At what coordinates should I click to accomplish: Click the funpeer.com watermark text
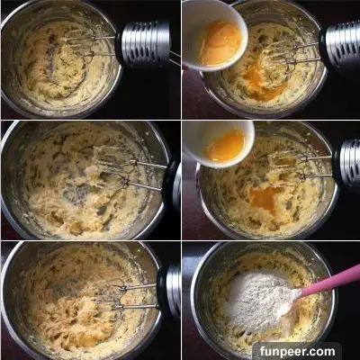(297, 351)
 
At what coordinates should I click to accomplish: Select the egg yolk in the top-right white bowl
(221, 43)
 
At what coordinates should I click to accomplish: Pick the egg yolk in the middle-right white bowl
(227, 146)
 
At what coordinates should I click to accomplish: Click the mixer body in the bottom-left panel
(169, 292)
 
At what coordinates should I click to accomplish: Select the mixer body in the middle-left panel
(172, 183)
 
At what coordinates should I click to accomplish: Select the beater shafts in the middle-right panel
(315, 167)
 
